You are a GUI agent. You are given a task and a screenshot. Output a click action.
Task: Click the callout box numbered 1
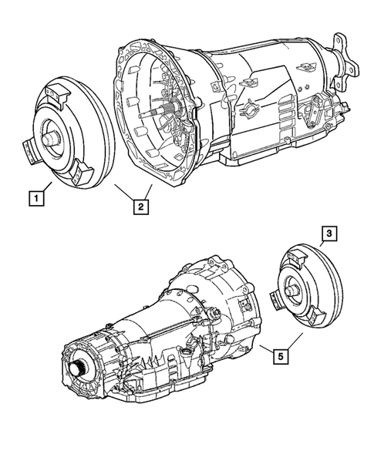[x=35, y=197]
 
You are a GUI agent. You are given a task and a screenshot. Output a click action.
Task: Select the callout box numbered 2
[x=140, y=206]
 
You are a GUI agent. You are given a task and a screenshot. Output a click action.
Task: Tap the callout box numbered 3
[x=329, y=233]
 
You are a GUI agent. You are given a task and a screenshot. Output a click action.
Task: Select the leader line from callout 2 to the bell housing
[x=149, y=192]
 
